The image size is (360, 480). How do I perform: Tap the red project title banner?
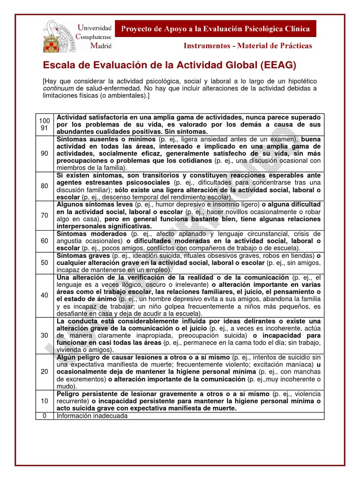tap(216, 29)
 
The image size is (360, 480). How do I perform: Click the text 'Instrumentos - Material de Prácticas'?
tap(247, 46)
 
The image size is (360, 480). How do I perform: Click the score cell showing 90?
tap(45, 153)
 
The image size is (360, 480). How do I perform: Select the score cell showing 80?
tap(45, 186)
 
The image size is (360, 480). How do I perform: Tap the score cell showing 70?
tap(45, 215)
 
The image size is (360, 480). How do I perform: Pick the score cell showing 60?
tap(45, 240)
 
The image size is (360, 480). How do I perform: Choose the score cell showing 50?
tap(45, 262)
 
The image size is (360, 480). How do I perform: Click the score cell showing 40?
tap(45, 295)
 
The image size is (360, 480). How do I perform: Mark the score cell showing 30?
tap(45, 335)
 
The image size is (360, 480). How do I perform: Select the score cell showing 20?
tap(45, 371)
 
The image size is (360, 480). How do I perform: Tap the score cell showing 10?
tap(45, 401)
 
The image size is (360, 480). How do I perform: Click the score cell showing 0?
tap(45, 415)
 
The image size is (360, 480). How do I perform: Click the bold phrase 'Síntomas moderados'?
tap(91, 233)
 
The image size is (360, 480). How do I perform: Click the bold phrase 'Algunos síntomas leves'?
tap(95, 204)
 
